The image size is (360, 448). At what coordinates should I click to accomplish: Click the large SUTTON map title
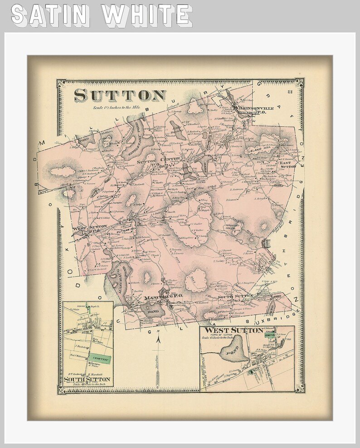(x=120, y=95)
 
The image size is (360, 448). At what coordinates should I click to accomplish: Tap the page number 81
(x=291, y=93)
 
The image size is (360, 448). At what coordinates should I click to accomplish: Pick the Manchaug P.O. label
(x=163, y=297)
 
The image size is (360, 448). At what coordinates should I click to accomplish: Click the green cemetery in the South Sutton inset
(x=99, y=359)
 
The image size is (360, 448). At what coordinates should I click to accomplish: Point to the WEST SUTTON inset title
(x=234, y=330)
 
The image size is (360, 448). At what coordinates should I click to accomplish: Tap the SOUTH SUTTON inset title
(x=88, y=379)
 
